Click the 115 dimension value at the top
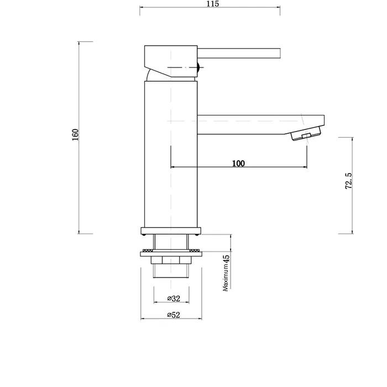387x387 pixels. point(213,4)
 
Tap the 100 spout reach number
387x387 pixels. point(238,163)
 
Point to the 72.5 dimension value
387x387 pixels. point(348,181)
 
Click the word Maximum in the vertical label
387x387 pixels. point(226,279)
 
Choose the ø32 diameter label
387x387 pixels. point(174,299)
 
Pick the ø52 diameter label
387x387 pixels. point(174,315)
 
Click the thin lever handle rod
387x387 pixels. point(240,54)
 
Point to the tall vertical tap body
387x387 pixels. point(170,155)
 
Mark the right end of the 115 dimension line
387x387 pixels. point(280,7)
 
